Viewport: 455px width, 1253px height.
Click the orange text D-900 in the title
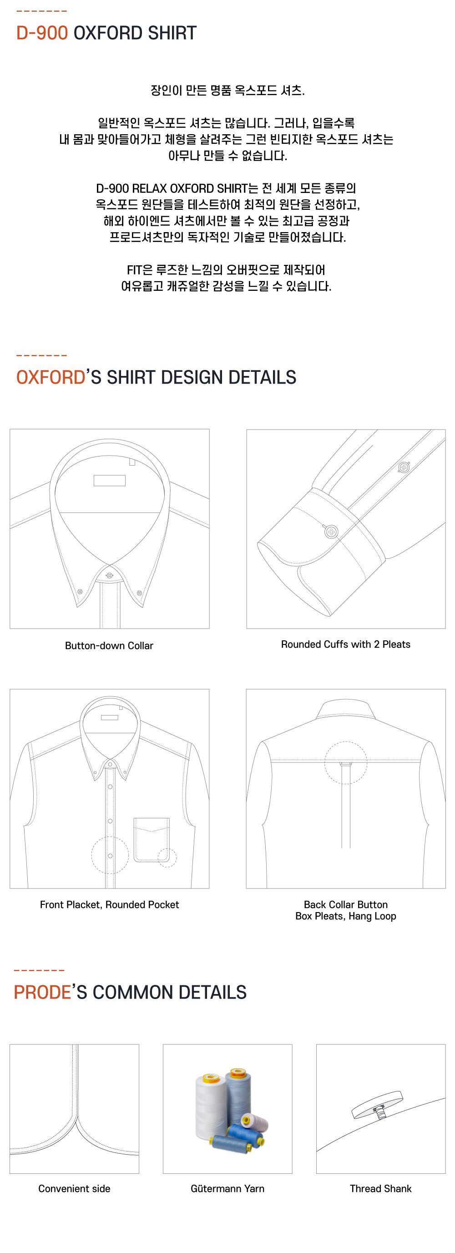[x=42, y=33]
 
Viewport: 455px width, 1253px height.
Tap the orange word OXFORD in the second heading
[x=51, y=377]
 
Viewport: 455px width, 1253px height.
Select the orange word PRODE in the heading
[x=42, y=992]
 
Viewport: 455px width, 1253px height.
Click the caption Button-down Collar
[x=109, y=645]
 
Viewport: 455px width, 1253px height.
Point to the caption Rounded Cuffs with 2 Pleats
[x=346, y=644]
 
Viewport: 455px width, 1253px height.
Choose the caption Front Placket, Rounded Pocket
[x=109, y=905]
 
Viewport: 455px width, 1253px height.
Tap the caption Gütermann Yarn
[x=227, y=1188]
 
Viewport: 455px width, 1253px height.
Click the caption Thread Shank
[x=381, y=1188]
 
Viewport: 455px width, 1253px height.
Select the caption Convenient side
[x=74, y=1188]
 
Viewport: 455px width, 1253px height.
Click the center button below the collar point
[x=109, y=575]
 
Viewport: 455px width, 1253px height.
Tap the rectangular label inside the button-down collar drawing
[x=109, y=481]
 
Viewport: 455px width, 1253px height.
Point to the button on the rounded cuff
[x=332, y=532]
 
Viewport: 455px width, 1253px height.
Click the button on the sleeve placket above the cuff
[x=404, y=467]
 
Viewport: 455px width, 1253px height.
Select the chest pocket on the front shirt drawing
[x=152, y=840]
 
